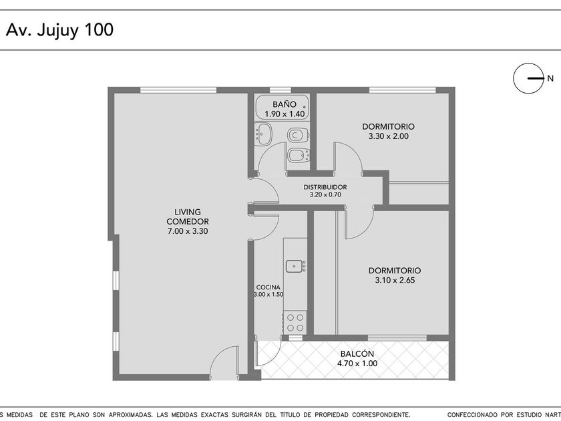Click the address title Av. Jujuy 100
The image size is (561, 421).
(x=59, y=30)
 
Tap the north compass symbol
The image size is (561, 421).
(x=529, y=78)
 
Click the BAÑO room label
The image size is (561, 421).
(x=285, y=104)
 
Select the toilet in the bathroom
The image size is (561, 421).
(x=298, y=135)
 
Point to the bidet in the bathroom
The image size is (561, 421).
(x=299, y=155)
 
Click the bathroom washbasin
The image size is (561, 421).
(x=263, y=134)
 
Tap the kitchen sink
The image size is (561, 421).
(x=295, y=267)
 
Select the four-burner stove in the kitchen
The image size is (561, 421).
(x=295, y=322)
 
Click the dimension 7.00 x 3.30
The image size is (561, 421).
(x=188, y=231)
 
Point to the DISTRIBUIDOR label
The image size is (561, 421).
(x=325, y=187)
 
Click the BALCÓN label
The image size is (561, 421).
(x=357, y=354)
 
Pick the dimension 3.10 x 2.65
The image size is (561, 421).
(x=395, y=280)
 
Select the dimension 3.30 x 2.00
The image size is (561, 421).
(x=388, y=136)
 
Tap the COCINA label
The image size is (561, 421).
(x=268, y=287)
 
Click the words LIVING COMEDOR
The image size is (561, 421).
(x=188, y=217)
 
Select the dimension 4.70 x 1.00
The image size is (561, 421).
(x=357, y=364)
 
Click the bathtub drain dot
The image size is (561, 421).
(x=305, y=107)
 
